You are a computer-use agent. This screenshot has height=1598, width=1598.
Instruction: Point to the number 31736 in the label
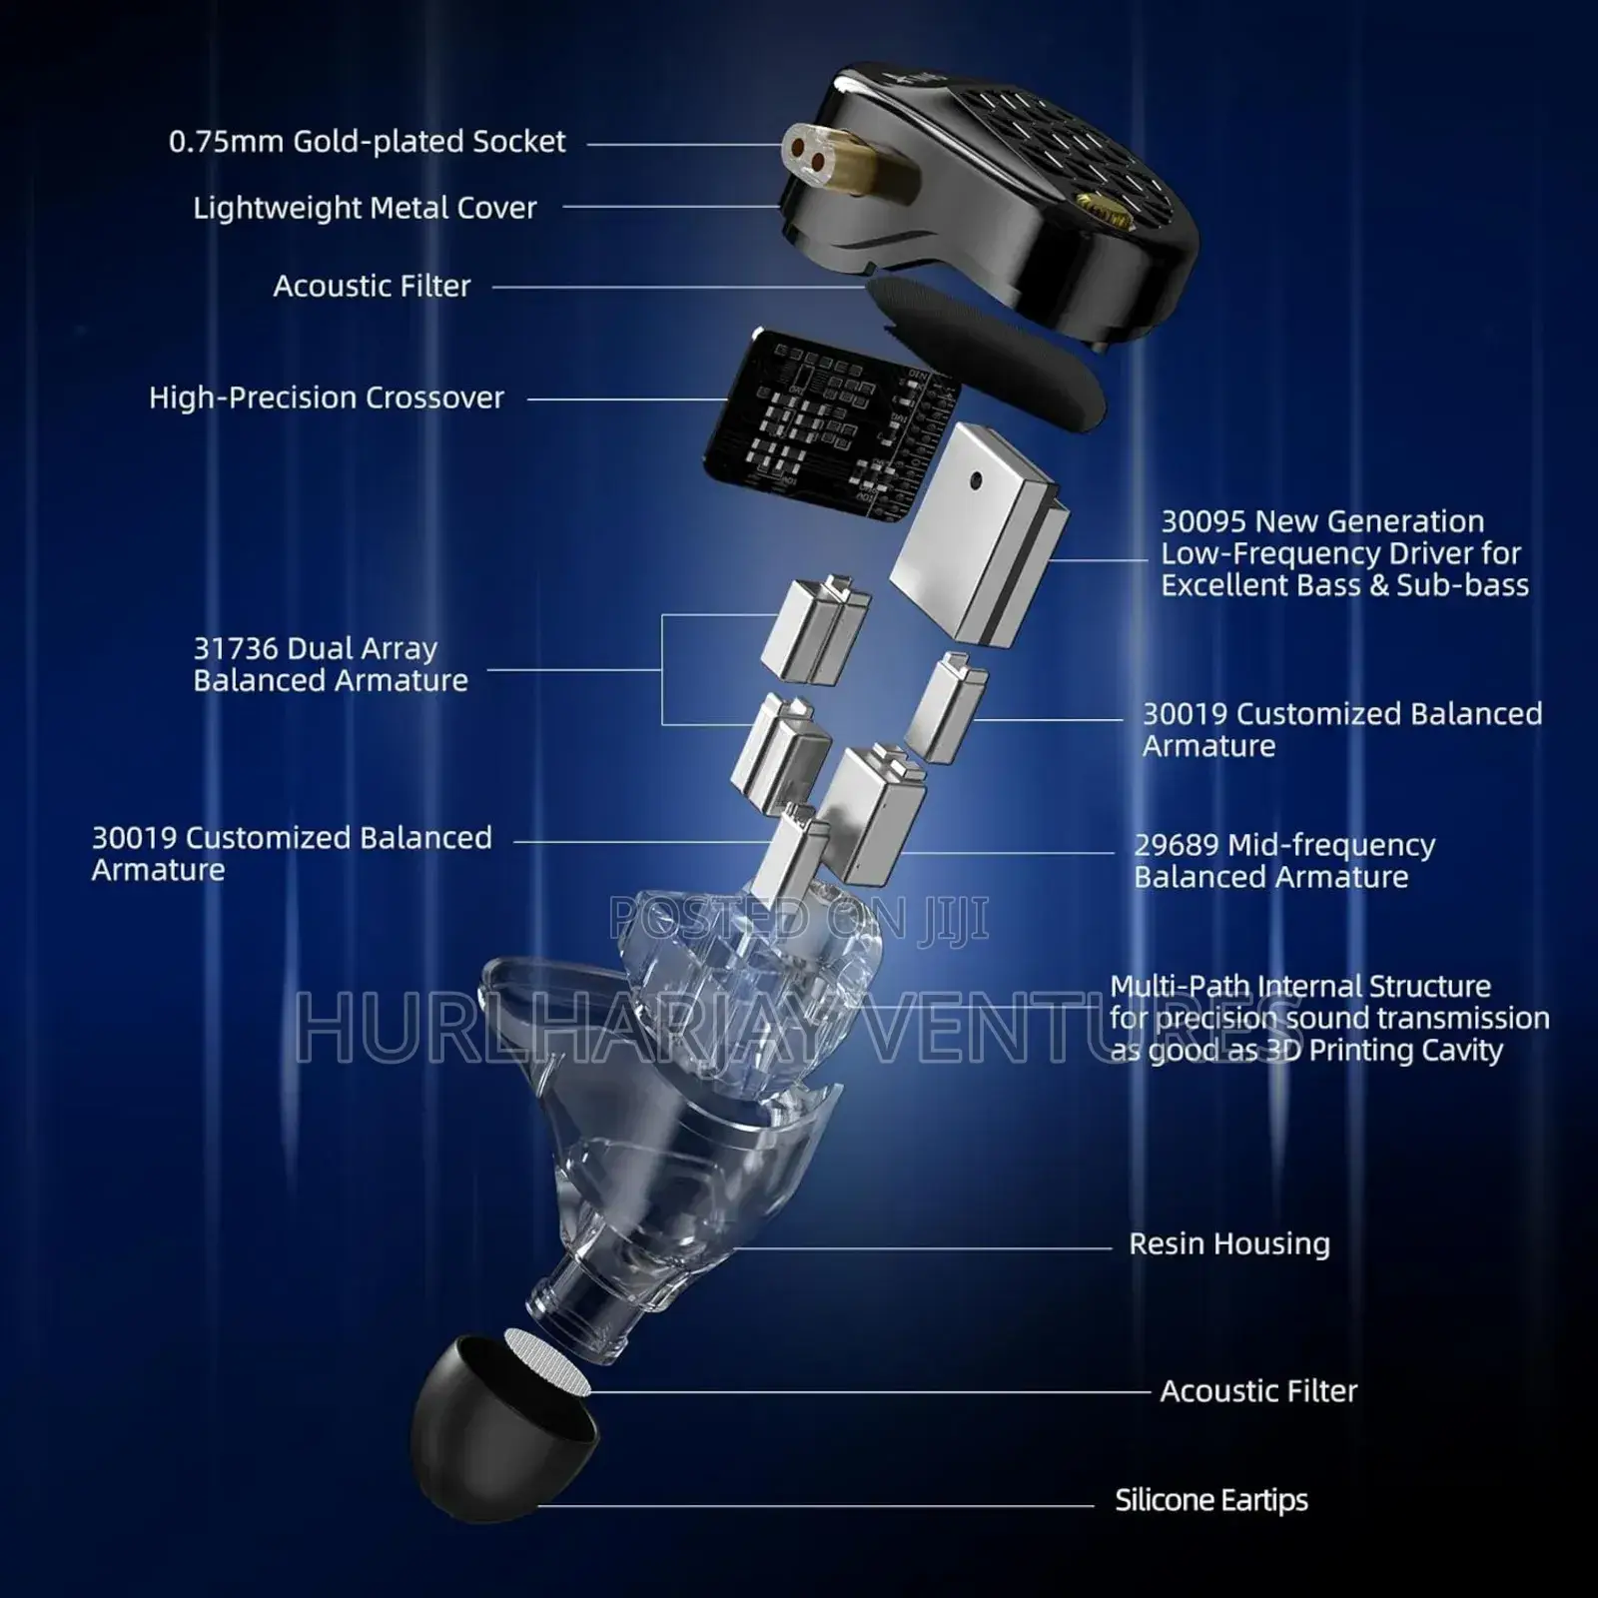pos(236,648)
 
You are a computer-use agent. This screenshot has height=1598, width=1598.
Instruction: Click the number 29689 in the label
pos(1177,845)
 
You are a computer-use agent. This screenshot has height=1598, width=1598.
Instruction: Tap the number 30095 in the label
pos(1203,521)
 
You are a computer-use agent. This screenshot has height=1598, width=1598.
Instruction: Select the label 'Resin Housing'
pos(1229,1243)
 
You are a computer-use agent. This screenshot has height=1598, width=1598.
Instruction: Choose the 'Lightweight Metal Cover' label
pos(365,208)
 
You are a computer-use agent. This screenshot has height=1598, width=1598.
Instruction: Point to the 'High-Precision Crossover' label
pos(327,398)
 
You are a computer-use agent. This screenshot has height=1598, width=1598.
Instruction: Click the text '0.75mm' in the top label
pos(226,142)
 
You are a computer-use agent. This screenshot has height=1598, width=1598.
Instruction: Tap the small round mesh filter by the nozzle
pos(547,1361)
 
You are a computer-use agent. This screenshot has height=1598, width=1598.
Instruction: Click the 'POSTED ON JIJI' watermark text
pos(799,917)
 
